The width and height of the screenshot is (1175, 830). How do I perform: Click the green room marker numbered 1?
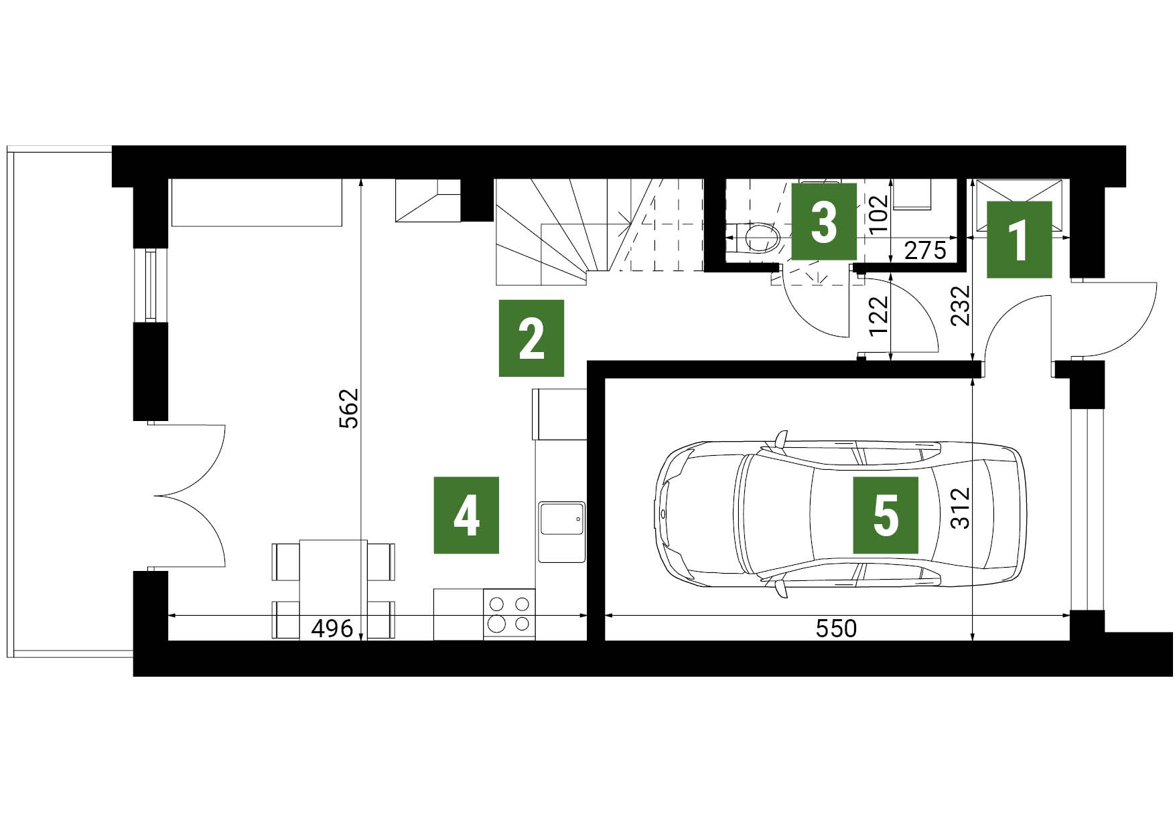click(x=1019, y=240)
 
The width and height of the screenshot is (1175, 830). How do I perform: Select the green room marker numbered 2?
click(x=531, y=338)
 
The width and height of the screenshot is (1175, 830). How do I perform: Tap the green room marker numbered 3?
click(x=824, y=222)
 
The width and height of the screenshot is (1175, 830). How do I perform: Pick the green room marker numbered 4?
click(x=466, y=515)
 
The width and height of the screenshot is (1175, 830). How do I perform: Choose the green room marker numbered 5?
click(x=886, y=515)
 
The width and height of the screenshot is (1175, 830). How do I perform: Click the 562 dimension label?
click(x=350, y=408)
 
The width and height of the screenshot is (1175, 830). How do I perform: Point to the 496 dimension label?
click(x=332, y=629)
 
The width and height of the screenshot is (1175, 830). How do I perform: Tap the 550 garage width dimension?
click(x=836, y=629)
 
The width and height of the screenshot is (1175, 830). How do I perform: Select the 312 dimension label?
click(x=960, y=508)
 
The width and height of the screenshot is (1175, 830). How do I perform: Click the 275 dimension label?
click(x=925, y=251)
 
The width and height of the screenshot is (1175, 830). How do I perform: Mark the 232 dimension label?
click(x=961, y=305)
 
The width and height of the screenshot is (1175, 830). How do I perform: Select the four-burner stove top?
click(x=509, y=614)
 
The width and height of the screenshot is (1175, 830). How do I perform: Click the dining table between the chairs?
click(x=333, y=590)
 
